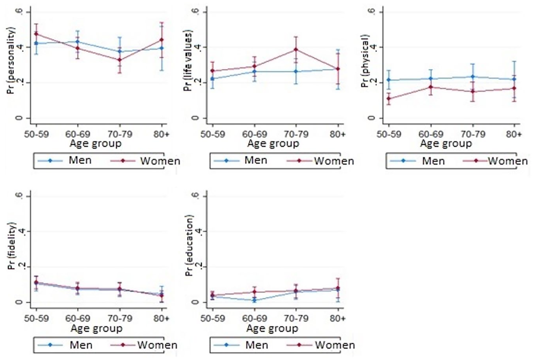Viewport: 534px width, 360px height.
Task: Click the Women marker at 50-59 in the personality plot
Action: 36,34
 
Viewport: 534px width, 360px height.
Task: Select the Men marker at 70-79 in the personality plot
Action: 120,51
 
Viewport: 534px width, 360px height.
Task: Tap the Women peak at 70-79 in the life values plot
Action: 296,50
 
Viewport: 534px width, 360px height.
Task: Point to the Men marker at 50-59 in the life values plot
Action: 212,78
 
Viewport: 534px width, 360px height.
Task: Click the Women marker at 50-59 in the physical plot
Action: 389,98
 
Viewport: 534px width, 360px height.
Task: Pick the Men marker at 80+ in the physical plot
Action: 514,79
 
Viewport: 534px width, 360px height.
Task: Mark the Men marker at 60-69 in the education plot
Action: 255,300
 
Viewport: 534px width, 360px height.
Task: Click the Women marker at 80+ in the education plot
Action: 338,288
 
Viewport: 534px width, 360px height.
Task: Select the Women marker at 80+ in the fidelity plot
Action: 162,296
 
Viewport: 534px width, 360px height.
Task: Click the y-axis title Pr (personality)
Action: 11,61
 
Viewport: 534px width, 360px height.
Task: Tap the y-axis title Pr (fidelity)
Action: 11,246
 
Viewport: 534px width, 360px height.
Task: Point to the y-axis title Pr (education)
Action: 189,245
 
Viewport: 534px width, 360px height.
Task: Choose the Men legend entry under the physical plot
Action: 417,161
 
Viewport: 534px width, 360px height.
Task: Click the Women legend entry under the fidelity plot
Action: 144,345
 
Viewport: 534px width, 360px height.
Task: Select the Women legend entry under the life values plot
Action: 321,161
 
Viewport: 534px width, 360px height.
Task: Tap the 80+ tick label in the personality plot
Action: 161,134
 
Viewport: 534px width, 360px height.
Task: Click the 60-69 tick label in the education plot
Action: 255,318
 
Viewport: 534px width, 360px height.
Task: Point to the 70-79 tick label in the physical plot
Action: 473,134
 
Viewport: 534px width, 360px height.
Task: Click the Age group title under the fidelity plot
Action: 96,329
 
